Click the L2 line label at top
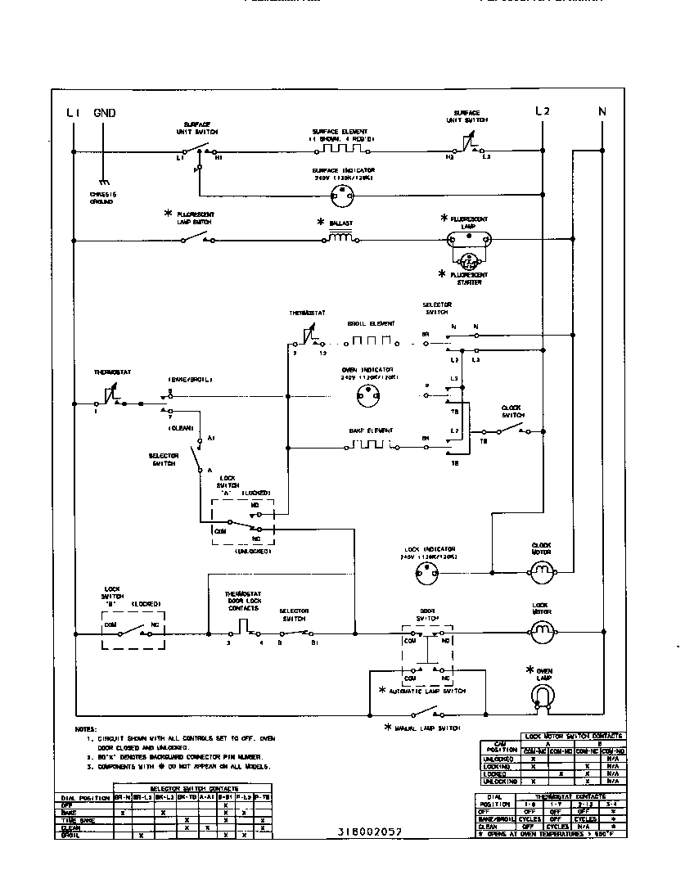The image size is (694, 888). pos(542,111)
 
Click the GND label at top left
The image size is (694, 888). pos(105,113)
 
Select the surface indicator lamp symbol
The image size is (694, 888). pos(340,194)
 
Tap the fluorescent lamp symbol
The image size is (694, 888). pos(469,241)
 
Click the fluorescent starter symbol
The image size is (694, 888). pos(468,263)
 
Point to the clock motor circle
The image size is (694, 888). pos(540,573)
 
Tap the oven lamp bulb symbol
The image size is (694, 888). pos(541,696)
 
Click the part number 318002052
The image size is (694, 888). pos(369,831)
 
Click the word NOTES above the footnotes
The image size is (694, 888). pos(86,728)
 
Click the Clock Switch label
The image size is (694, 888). pos(512,411)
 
